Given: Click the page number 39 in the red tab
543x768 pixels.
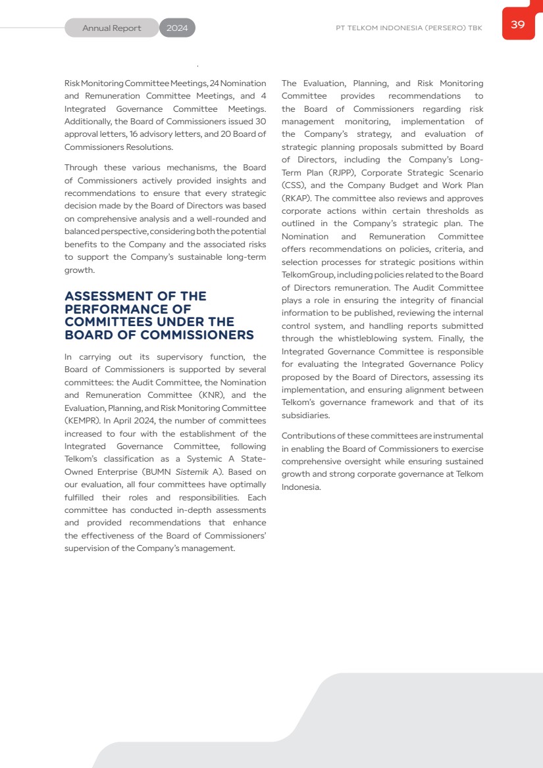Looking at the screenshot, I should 517,25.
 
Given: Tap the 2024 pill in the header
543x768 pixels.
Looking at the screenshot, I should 177,28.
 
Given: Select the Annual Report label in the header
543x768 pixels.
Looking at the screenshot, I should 111,28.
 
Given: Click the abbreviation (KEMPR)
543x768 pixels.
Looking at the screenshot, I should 82,421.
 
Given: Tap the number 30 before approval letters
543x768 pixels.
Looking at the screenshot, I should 260,122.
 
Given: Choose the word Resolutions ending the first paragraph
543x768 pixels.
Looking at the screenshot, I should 151,147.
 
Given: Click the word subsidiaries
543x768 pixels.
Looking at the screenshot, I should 306,416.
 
